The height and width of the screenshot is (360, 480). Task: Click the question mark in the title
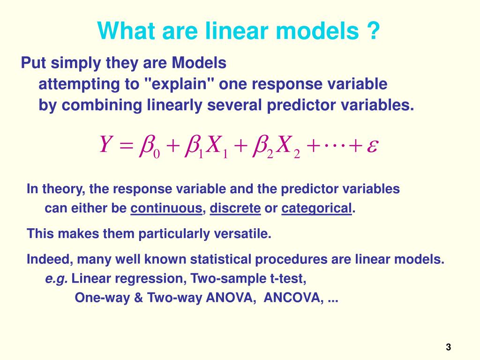point(372,32)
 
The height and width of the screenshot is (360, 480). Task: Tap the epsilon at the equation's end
point(372,146)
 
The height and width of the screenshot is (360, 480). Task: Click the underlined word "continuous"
point(166,209)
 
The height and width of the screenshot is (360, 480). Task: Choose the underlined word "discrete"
point(235,209)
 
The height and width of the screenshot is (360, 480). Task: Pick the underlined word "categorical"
point(316,209)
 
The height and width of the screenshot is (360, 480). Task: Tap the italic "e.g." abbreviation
point(56,279)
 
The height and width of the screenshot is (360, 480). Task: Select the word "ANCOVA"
point(292,298)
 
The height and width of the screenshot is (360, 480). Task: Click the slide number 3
point(448,347)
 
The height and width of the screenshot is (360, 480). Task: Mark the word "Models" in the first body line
point(198,62)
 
